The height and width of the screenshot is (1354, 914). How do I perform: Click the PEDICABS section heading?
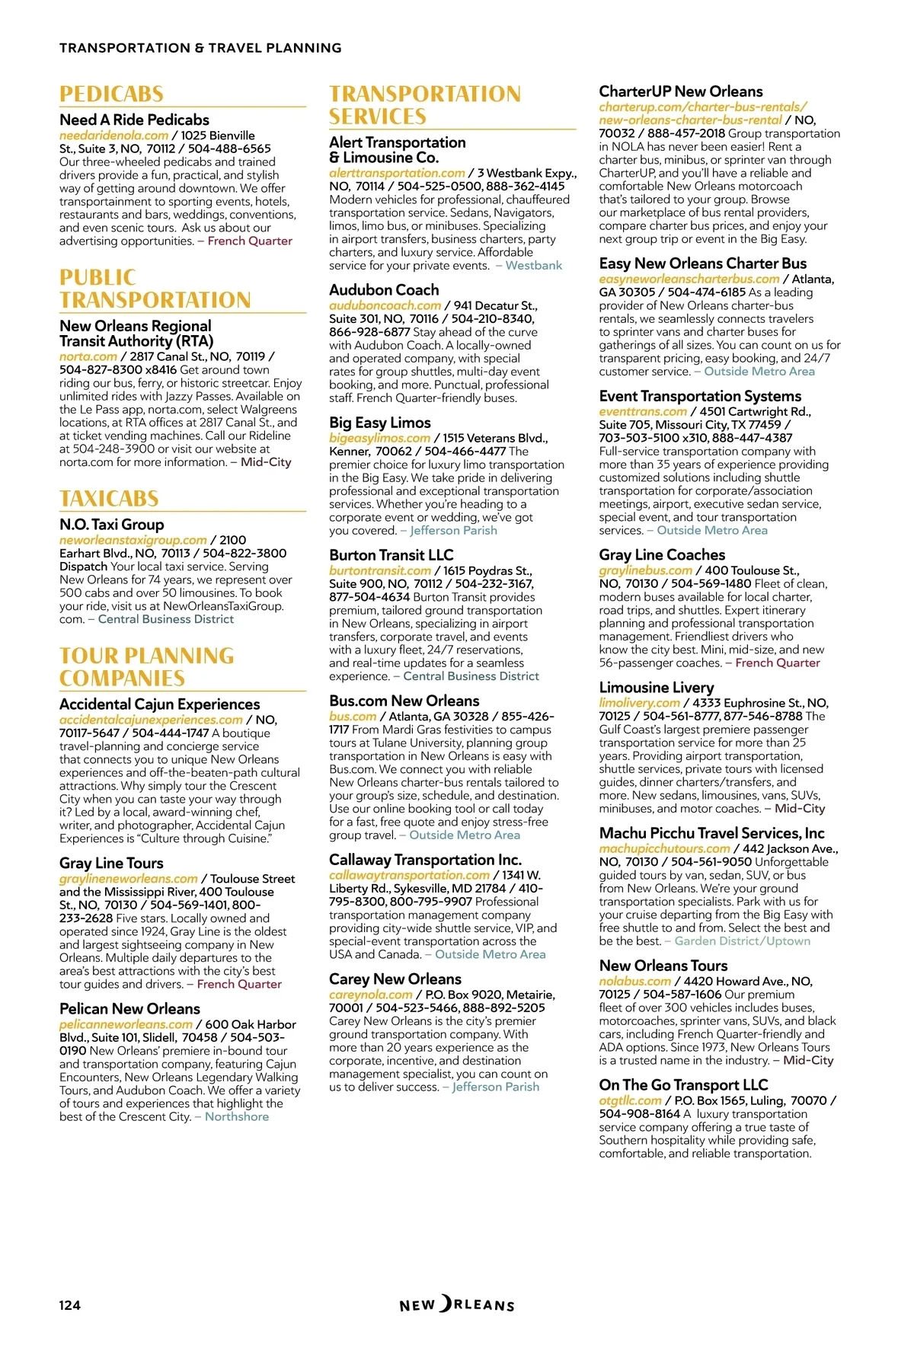pyautogui.click(x=111, y=94)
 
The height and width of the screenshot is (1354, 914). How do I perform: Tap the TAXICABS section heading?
pyautogui.click(x=109, y=499)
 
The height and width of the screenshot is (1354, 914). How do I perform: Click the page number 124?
pyautogui.click(x=69, y=1305)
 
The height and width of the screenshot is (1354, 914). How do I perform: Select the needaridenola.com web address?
pyautogui.click(x=113, y=136)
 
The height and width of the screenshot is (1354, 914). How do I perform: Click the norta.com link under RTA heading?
pyautogui.click(x=88, y=356)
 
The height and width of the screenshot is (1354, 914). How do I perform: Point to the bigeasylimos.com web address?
pyautogui.click(x=379, y=439)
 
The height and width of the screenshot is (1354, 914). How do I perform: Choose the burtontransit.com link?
pyautogui.click(x=380, y=571)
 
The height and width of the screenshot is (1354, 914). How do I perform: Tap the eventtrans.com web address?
pyautogui.click(x=643, y=412)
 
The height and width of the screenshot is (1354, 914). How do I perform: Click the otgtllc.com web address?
pyautogui.click(x=630, y=1101)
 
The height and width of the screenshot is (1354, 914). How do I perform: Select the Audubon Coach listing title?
pyautogui.click(x=384, y=290)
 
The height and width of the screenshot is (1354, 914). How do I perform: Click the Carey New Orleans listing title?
pyautogui.click(x=395, y=979)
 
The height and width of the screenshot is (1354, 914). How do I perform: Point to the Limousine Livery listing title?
pyautogui.click(x=657, y=688)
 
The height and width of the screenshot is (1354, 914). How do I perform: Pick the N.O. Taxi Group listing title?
pyautogui.click(x=112, y=525)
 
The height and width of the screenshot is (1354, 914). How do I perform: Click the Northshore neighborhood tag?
pyautogui.click(x=236, y=1117)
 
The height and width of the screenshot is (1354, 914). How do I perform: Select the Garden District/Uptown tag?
pyautogui.click(x=743, y=941)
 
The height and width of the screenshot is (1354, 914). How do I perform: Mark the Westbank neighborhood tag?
pyautogui.click(x=533, y=266)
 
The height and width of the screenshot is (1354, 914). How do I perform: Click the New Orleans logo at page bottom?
pyautogui.click(x=457, y=1305)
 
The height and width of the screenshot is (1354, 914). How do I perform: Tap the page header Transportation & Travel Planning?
pyautogui.click(x=200, y=48)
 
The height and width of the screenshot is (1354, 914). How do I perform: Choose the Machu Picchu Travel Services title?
pyautogui.click(x=711, y=834)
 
